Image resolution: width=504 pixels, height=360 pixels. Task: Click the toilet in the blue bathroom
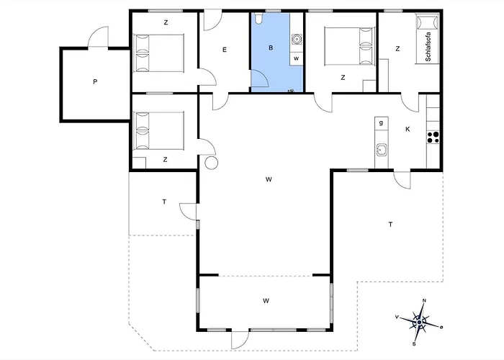pos(258,18)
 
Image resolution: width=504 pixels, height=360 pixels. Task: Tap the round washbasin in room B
pos(296,39)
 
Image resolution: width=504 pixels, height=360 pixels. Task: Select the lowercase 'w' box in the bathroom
pos(297,58)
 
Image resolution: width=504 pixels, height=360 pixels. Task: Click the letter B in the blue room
pos(271,48)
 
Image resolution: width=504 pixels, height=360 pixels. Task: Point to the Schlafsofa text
pos(428,47)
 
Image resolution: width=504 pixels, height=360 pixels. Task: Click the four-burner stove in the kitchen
pos(433,138)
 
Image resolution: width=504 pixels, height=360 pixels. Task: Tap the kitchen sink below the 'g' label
pos(382,150)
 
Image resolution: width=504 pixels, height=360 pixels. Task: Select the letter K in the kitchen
pos(408,129)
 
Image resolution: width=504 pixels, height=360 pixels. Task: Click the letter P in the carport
pos(95,82)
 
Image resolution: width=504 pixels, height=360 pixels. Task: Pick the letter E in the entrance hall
pos(225,50)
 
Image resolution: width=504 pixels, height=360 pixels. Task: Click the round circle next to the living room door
pos(211,163)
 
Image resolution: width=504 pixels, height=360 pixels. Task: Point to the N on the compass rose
pos(424,300)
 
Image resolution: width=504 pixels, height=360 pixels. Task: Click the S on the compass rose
pos(414,344)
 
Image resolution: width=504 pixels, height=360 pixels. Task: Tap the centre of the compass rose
pos(419,322)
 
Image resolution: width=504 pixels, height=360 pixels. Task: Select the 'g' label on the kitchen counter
pos(381,122)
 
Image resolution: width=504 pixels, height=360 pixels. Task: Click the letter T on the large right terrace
pos(390,225)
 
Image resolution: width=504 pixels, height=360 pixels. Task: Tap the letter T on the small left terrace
pos(164,202)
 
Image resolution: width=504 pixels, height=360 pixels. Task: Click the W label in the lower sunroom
pos(266,301)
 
